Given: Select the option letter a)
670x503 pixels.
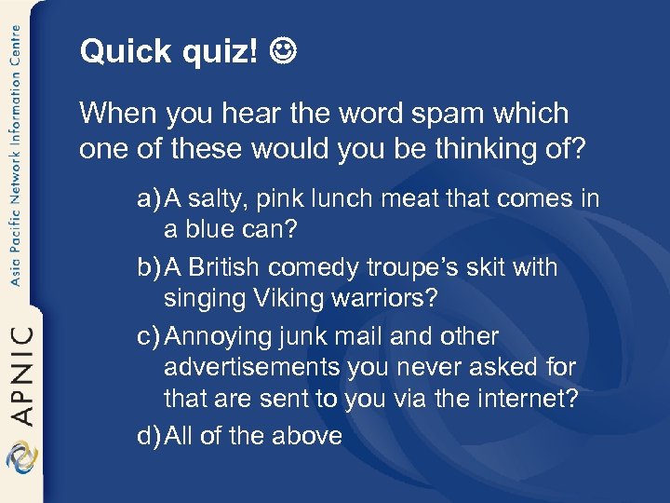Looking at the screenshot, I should click(x=149, y=198).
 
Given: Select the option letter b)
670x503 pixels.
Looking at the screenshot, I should click(x=149, y=267).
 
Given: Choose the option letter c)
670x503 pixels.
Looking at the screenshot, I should click(x=148, y=336).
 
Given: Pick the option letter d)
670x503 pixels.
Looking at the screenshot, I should click(x=149, y=435).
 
